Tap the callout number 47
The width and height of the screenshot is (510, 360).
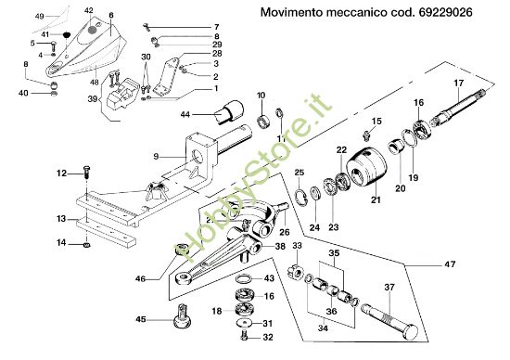pyautogui.click(x=451, y=265)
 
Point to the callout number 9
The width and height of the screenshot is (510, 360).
pyautogui.click(x=157, y=155)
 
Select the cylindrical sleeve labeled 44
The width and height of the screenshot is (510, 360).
pyautogui.click(x=225, y=116)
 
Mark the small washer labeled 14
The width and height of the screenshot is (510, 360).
pyautogui.click(x=87, y=246)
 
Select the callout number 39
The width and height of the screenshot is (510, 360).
pyautogui.click(x=91, y=99)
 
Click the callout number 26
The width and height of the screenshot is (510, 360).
pyautogui.click(x=285, y=232)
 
